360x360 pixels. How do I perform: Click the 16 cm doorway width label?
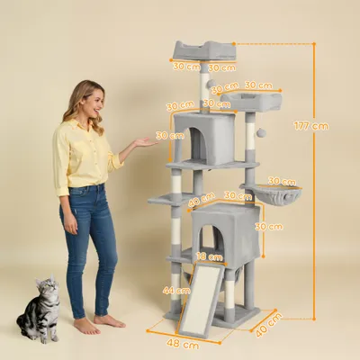point(209,256)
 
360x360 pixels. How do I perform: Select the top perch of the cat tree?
point(203,49)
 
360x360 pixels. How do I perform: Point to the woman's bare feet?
point(94,323)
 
